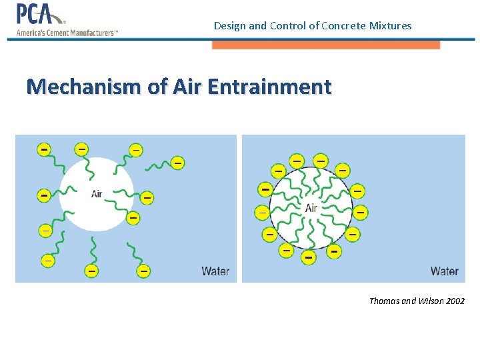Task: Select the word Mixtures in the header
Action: (x=391, y=26)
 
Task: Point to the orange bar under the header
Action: (x=326, y=45)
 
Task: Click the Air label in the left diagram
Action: (x=97, y=194)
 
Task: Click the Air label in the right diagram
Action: (x=311, y=208)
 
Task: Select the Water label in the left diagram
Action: (x=215, y=271)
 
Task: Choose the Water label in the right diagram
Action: (x=444, y=271)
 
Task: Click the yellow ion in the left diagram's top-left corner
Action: (x=44, y=149)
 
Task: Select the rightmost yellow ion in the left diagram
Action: (x=177, y=163)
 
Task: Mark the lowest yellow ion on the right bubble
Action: (x=308, y=256)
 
